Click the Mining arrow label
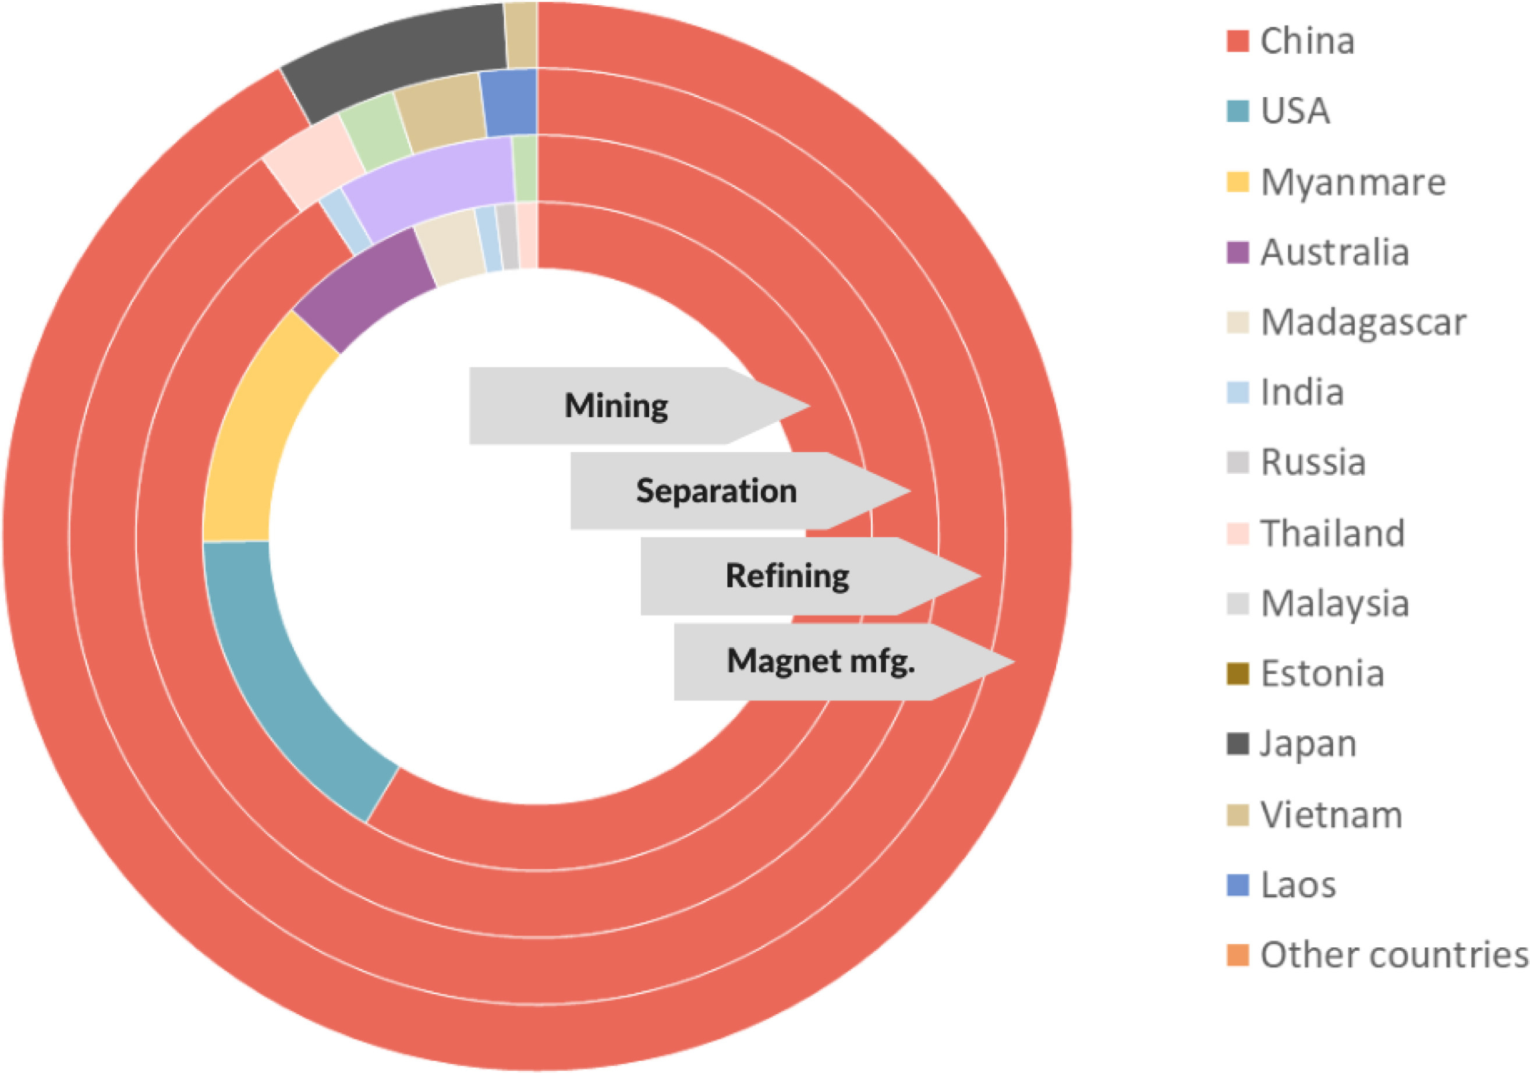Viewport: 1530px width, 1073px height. (617, 405)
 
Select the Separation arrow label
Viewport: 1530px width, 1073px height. (716, 491)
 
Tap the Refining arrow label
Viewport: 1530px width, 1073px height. (787, 576)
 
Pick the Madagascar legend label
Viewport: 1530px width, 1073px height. (1363, 323)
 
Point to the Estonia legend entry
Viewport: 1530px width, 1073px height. (1322, 673)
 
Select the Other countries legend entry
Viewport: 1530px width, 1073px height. (1393, 954)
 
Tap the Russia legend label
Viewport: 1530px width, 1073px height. (1313, 462)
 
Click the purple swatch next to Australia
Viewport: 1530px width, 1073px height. (1238, 253)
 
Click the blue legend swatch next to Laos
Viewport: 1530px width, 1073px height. (1238, 884)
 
